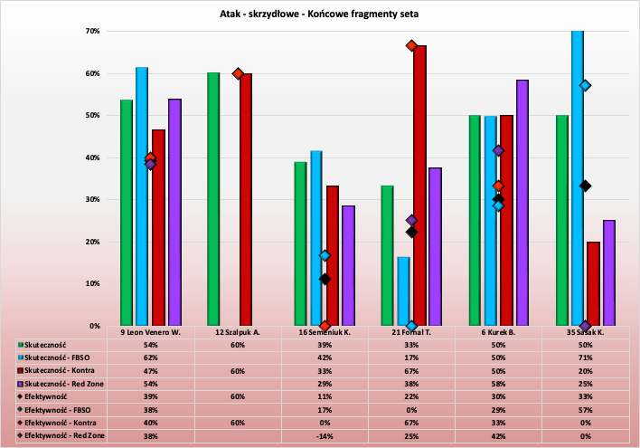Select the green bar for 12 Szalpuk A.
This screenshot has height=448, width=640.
click(213, 199)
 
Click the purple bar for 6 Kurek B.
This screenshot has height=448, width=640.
click(522, 203)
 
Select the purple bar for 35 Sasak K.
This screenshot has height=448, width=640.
click(609, 272)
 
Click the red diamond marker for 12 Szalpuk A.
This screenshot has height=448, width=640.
click(239, 73)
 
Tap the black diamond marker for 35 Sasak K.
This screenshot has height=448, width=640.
click(586, 186)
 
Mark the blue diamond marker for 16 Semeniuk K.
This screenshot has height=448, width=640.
click(325, 256)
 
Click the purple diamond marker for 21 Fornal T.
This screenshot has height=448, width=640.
click(411, 220)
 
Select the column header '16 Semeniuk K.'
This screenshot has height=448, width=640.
click(325, 332)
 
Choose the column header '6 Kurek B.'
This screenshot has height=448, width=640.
click(498, 332)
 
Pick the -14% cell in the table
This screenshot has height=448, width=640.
click(325, 435)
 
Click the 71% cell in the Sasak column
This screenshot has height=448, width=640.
click(585, 358)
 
